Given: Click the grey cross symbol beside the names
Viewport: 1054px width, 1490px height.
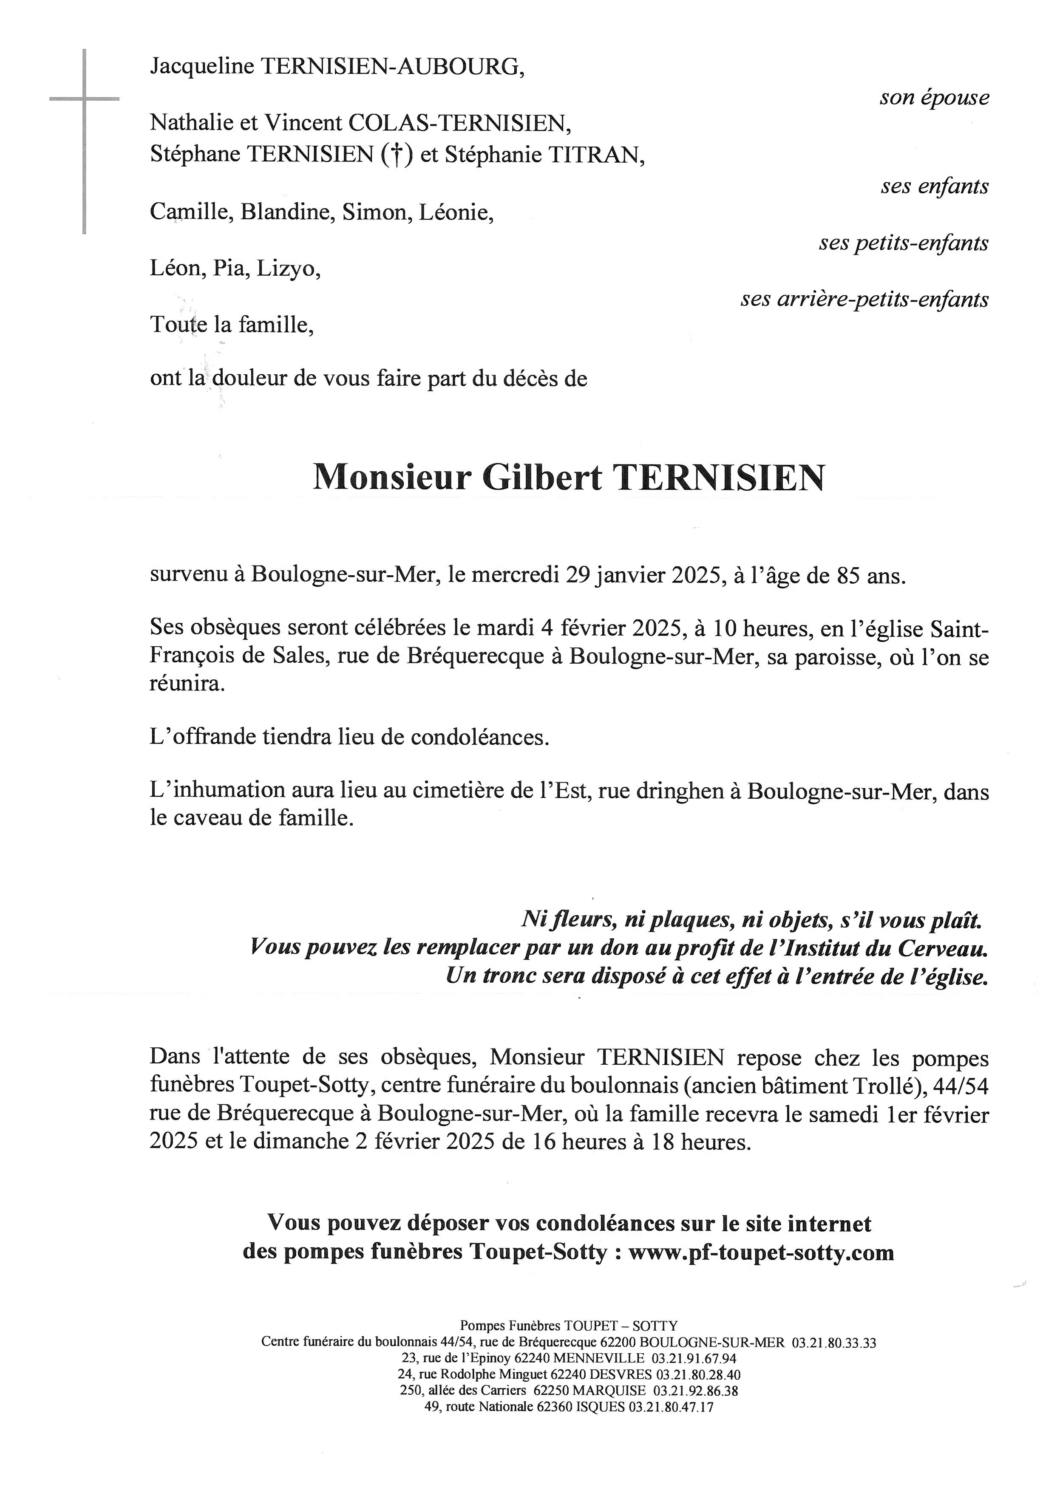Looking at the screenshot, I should pyautogui.click(x=85, y=99).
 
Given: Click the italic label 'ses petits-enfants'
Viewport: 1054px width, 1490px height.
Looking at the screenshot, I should pyautogui.click(x=904, y=243).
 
